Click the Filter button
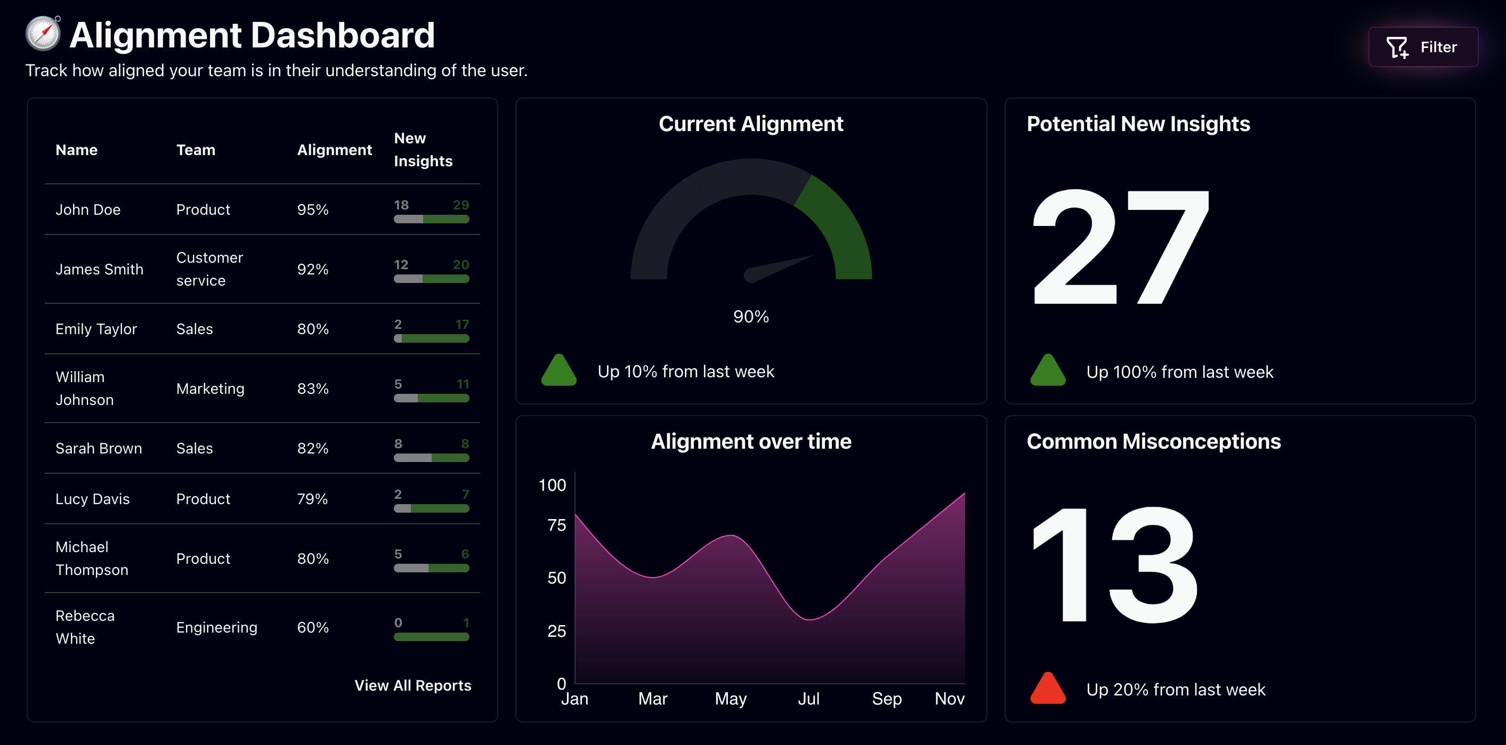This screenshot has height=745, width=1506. coord(1422,47)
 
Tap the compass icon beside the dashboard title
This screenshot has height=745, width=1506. coord(43,34)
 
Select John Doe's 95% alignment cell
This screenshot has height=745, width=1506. coord(312,209)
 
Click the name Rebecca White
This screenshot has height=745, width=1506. coord(85,627)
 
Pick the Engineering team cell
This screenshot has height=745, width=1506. coord(216,627)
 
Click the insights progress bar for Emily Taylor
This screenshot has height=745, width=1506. coord(431,338)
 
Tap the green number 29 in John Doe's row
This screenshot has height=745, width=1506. coord(460,205)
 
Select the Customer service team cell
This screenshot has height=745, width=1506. coord(209,269)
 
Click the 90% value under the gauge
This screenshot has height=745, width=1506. coord(751,317)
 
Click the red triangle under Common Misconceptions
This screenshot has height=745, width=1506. coord(1048,689)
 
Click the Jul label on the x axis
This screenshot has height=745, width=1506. coord(808,699)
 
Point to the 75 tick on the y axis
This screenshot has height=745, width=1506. coord(556,525)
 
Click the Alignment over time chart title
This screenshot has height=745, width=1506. coord(751,441)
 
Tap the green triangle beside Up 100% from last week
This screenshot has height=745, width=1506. coord(1048,371)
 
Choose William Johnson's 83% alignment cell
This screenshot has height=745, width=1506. coord(312,388)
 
